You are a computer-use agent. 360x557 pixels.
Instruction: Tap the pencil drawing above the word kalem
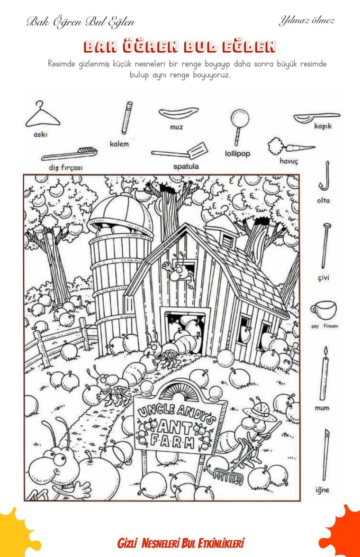pos(127,118)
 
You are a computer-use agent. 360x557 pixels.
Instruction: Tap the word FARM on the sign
pos(172,442)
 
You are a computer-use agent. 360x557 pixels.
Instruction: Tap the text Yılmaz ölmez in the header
pos(307,21)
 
